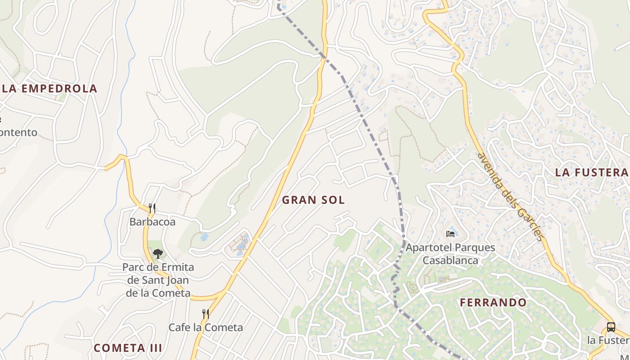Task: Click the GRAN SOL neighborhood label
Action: tap(313, 200)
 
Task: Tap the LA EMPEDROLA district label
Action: tap(49, 88)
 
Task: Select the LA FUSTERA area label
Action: tap(591, 172)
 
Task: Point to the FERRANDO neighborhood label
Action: tap(493, 302)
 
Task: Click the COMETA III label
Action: tap(128, 348)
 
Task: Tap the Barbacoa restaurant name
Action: tap(152, 222)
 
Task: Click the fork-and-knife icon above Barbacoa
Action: tap(152, 208)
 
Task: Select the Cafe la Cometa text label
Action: tap(206, 327)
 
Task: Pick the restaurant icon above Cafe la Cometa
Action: tap(205, 314)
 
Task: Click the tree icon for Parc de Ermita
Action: tap(157, 254)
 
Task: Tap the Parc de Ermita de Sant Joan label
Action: tap(158, 280)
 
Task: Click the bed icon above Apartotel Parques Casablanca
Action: tap(450, 234)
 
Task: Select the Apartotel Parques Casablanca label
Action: tap(450, 254)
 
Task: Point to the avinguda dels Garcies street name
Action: tap(511, 197)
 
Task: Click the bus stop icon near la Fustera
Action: tap(611, 327)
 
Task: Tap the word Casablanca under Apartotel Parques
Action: tap(450, 260)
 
